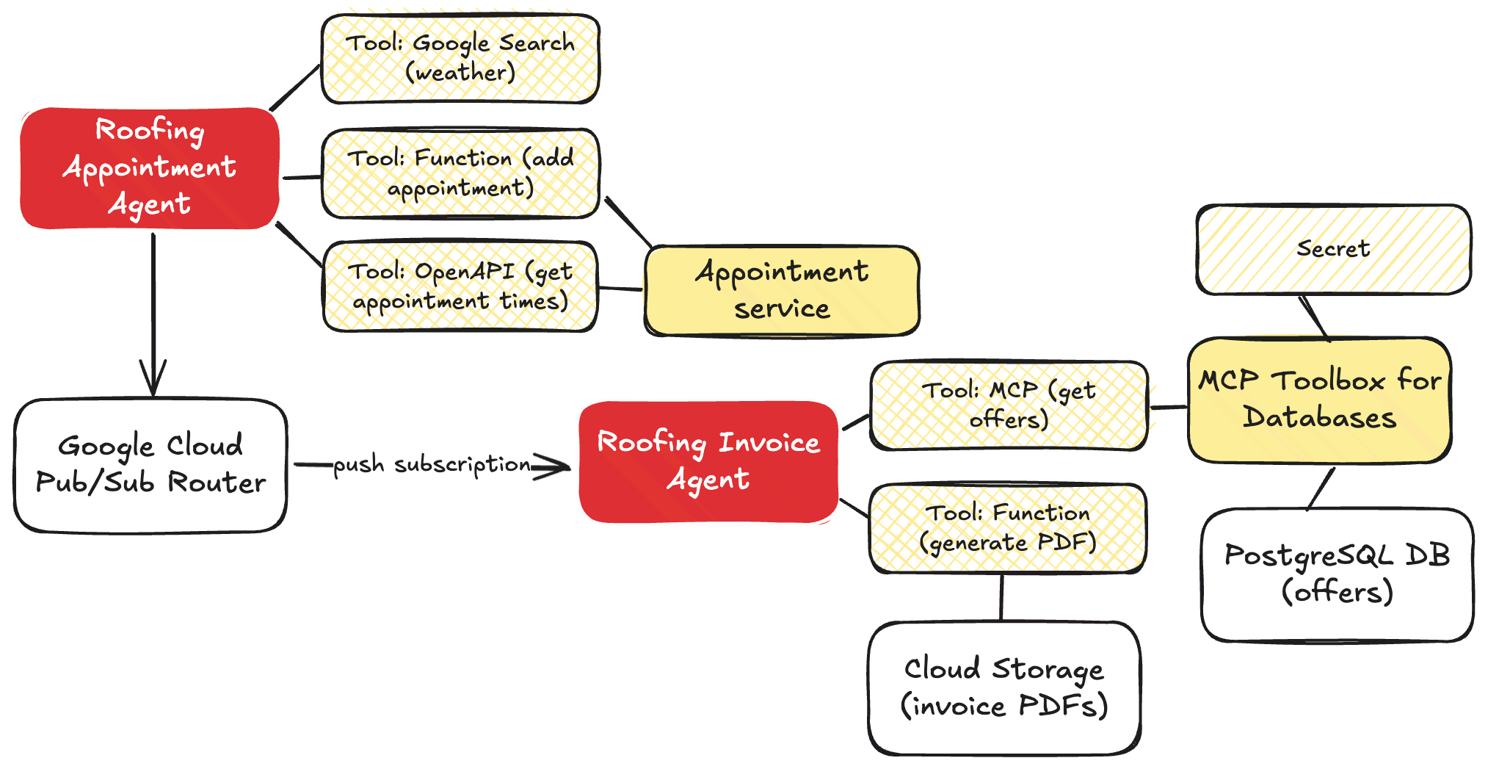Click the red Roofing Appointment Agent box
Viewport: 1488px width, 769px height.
(x=150, y=168)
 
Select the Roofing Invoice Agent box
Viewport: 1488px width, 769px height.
(x=708, y=461)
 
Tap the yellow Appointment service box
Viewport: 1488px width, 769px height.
(x=782, y=290)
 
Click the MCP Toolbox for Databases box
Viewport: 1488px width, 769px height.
(x=1319, y=400)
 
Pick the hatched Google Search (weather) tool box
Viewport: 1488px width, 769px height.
(x=461, y=58)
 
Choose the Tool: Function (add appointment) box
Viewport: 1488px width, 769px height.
(x=461, y=173)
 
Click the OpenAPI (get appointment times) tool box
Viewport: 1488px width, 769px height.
(x=461, y=286)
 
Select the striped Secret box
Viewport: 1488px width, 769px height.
(x=1333, y=249)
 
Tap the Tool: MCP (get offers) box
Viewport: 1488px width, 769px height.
(x=1008, y=405)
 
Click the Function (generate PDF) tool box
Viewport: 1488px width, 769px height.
(x=1006, y=527)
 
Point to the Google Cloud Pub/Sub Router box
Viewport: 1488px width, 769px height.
(x=150, y=465)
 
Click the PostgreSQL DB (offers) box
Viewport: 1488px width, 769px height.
(x=1337, y=574)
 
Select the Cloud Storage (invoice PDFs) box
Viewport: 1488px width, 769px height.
(x=1004, y=687)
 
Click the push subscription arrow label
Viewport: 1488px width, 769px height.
(x=432, y=465)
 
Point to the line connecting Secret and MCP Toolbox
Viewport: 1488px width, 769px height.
(x=1314, y=317)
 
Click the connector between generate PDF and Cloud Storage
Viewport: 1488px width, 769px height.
(x=1001, y=597)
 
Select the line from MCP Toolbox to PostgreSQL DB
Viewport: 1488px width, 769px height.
(x=1321, y=487)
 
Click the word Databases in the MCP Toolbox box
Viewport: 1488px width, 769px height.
(x=1319, y=418)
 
